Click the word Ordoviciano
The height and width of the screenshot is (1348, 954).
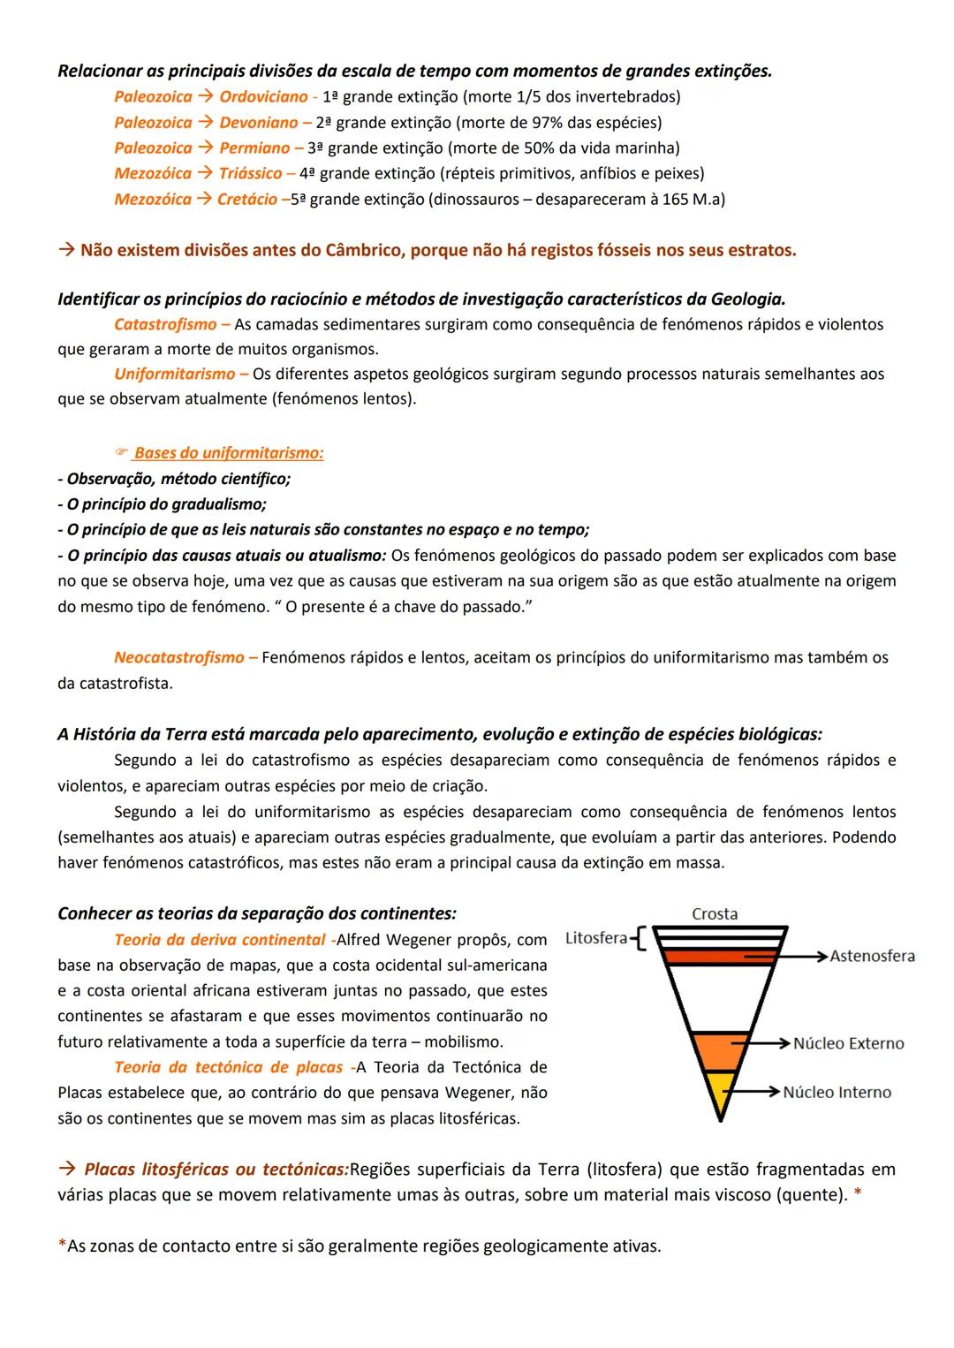(x=263, y=96)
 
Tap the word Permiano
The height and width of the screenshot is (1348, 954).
(x=254, y=148)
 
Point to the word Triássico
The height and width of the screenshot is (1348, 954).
(x=250, y=173)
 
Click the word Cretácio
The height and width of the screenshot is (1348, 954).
(x=247, y=199)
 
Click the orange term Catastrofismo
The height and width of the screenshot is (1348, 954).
(x=165, y=324)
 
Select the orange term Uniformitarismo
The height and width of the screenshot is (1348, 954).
(x=175, y=374)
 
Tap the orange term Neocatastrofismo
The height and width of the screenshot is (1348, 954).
(x=179, y=657)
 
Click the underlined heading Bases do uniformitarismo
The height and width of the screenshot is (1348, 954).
(x=228, y=453)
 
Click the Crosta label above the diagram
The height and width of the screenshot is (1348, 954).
(x=715, y=914)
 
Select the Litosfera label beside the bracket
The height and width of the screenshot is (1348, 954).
(x=596, y=938)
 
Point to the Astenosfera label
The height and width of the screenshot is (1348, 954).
(x=872, y=956)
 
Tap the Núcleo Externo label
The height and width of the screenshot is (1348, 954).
(x=848, y=1043)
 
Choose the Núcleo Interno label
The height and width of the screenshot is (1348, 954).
(x=837, y=1093)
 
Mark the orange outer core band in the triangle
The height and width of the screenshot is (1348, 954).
(x=718, y=1052)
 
